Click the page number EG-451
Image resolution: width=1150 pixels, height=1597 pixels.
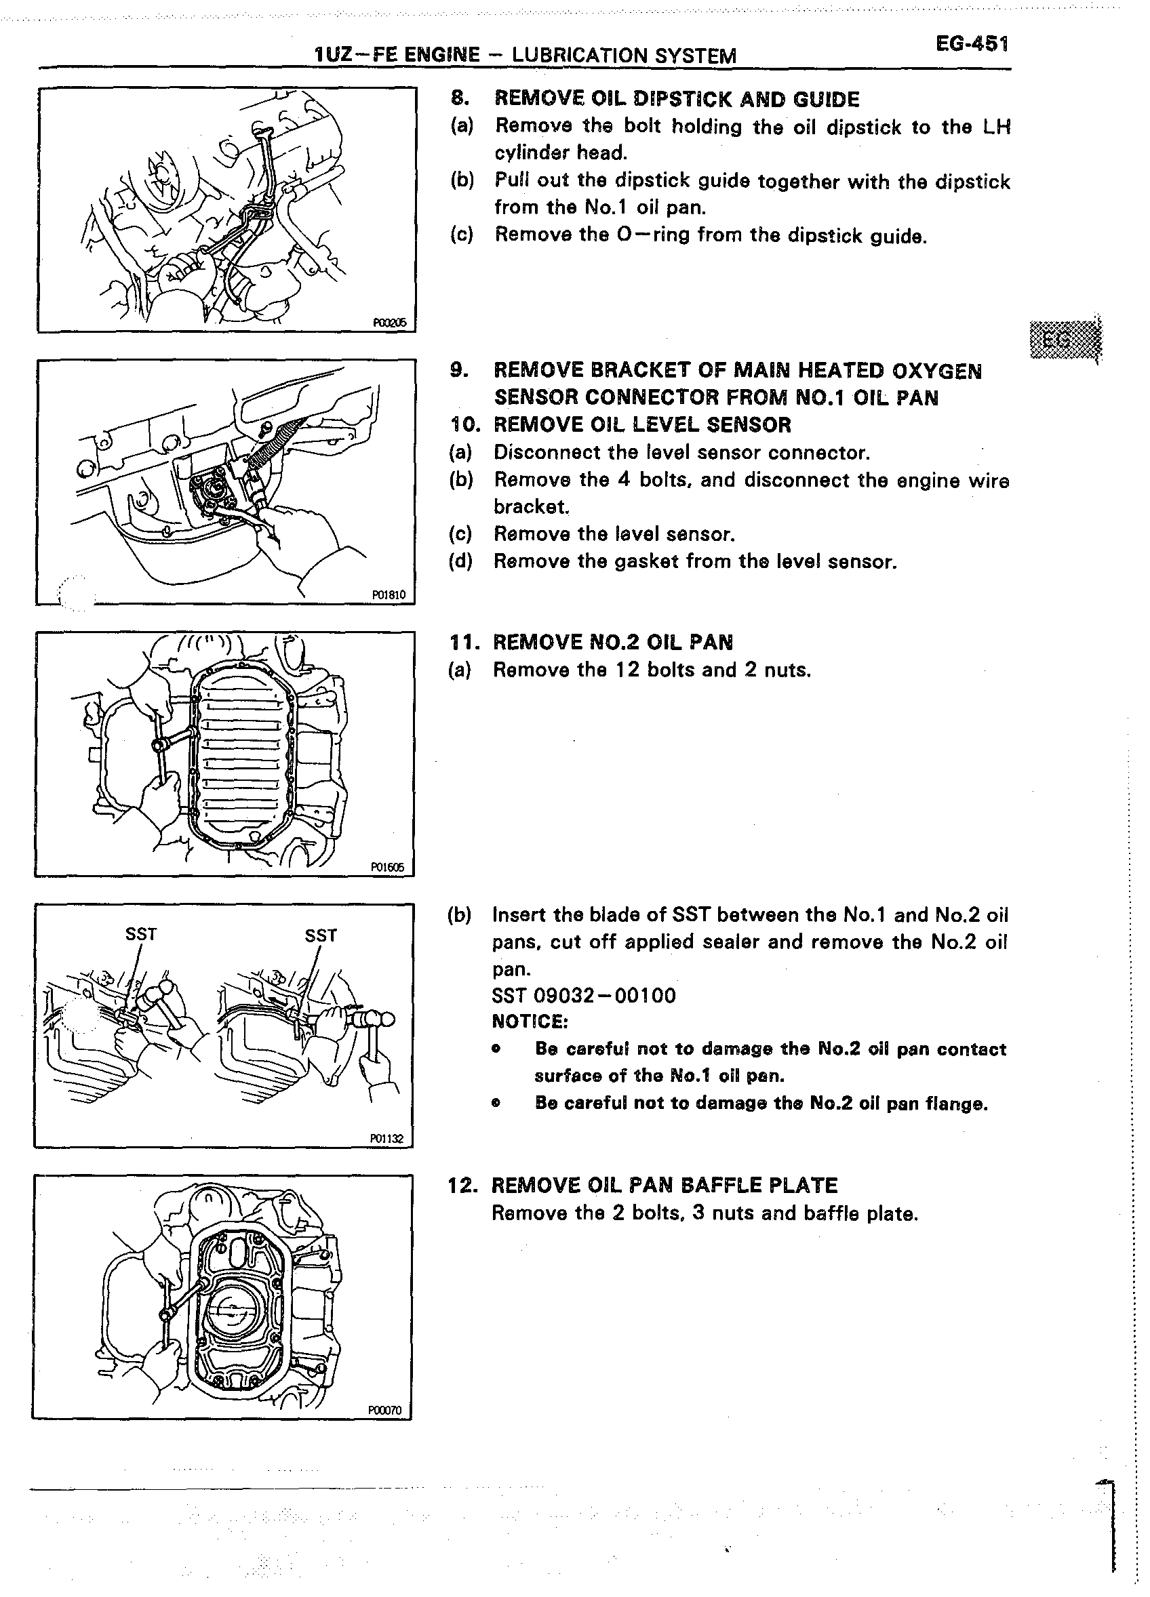click(972, 44)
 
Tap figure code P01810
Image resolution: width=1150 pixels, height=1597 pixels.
click(389, 595)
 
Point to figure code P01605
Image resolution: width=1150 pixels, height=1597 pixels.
click(388, 868)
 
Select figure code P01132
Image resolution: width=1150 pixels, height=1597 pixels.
click(386, 1139)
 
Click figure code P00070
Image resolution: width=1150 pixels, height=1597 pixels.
click(384, 1410)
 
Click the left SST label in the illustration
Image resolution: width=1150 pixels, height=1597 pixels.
click(141, 934)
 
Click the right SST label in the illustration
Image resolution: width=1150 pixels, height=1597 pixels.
click(321, 935)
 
